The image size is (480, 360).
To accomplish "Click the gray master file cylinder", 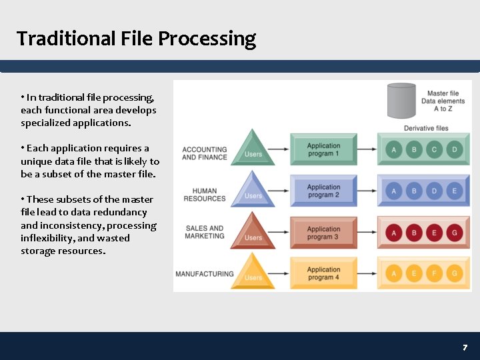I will (401, 101).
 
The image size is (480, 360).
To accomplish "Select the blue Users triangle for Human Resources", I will (253, 191).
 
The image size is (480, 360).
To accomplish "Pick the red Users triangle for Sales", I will (253, 233).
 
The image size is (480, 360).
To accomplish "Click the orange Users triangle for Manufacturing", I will (253, 273).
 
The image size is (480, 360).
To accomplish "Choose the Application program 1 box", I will (323, 149).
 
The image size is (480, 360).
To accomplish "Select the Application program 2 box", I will (323, 191).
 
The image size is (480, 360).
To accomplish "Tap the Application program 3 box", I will (323, 233).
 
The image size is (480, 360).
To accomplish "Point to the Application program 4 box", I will (323, 273).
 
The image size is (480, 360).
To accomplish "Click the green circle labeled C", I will (434, 150).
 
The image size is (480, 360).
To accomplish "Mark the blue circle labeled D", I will (434, 191).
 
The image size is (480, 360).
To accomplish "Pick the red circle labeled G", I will (455, 233).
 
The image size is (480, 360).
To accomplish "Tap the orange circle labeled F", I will (434, 274).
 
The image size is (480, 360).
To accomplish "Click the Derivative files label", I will (426, 128).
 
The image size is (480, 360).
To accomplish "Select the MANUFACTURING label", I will (204, 273).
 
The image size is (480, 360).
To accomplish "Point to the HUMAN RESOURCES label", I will (205, 195).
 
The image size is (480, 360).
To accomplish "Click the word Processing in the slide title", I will (207, 39).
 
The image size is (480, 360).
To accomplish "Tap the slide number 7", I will (465, 347).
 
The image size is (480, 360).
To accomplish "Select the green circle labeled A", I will (393, 150).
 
